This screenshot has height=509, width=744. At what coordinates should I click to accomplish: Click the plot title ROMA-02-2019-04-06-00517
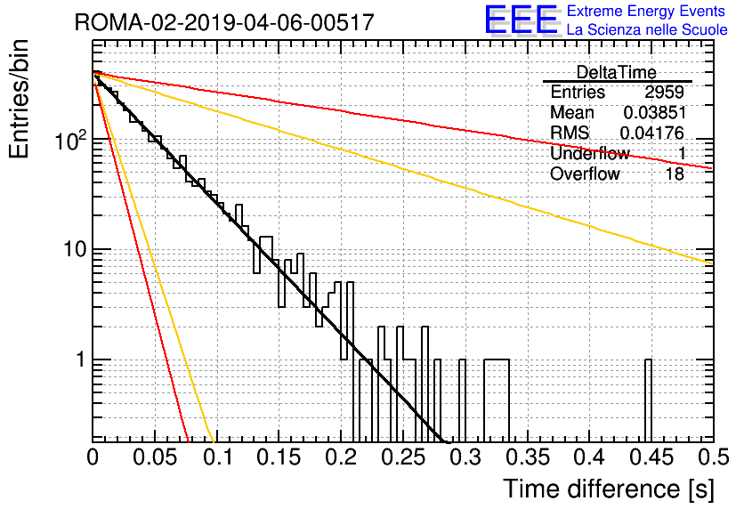(x=224, y=22)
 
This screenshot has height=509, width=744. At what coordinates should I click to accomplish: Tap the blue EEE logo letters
(x=522, y=20)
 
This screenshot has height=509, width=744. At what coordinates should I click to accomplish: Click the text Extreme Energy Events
(x=646, y=11)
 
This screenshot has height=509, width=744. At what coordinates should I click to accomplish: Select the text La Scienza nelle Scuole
(x=647, y=29)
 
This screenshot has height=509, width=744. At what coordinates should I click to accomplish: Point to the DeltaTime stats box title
(x=617, y=72)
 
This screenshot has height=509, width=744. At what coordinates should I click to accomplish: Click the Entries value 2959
(x=664, y=92)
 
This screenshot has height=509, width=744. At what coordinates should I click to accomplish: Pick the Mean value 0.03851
(x=654, y=112)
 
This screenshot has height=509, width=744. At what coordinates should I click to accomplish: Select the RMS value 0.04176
(x=652, y=133)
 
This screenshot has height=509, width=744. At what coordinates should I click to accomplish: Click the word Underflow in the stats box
(x=590, y=153)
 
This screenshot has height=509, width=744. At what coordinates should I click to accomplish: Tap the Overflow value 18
(x=675, y=174)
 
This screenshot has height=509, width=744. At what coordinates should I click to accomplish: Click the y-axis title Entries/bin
(x=19, y=99)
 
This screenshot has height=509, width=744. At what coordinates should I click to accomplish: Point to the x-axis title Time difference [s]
(x=609, y=489)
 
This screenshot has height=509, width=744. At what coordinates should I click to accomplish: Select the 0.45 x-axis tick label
(x=651, y=457)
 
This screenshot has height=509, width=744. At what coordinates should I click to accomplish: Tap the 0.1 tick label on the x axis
(x=218, y=457)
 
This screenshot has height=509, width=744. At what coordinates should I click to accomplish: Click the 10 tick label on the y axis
(x=75, y=249)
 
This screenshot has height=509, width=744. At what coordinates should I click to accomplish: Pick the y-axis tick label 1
(x=80, y=360)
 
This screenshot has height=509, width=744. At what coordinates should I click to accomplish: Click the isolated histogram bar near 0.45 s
(x=648, y=400)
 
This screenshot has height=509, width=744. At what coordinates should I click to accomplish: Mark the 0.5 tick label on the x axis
(x=713, y=457)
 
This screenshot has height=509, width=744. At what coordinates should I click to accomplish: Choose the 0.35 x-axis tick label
(x=528, y=457)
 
